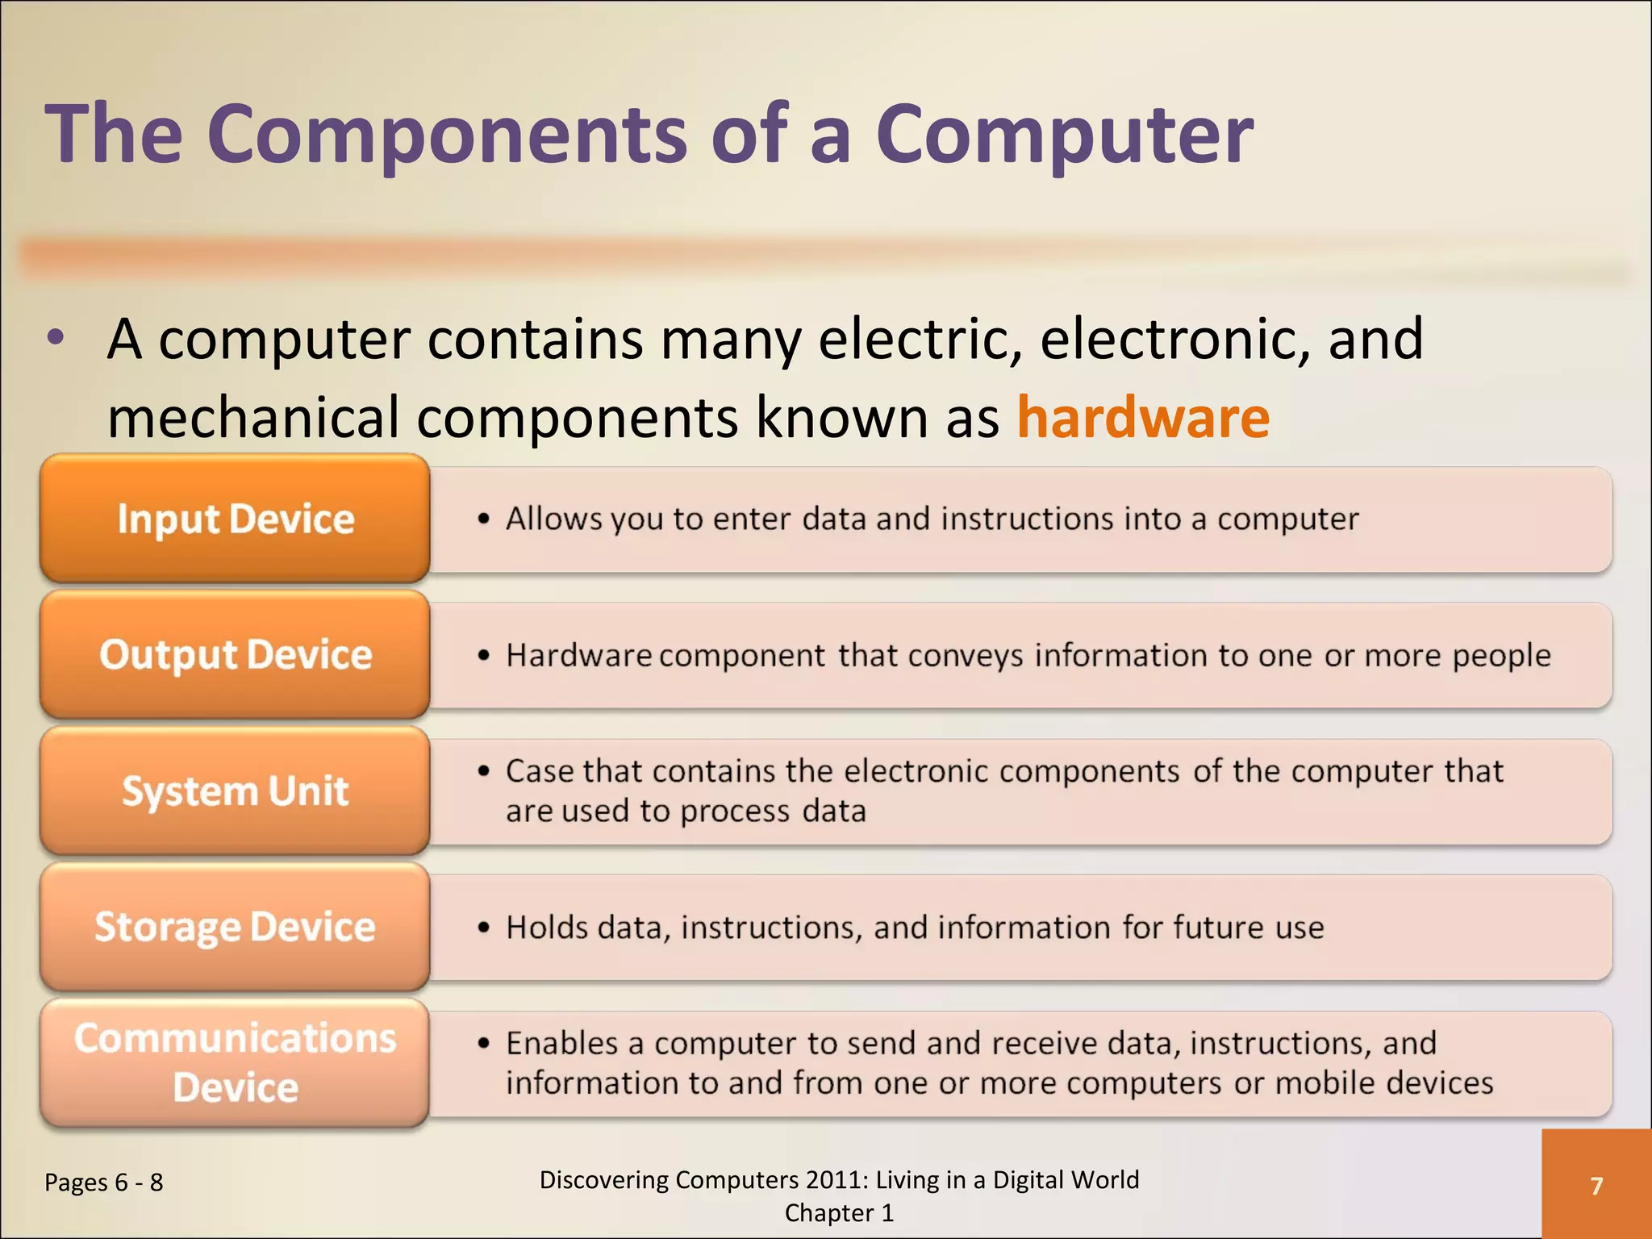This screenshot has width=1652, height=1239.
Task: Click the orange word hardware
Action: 1143,417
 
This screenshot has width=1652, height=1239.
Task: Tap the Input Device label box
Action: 235,519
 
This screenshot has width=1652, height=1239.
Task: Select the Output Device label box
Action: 235,654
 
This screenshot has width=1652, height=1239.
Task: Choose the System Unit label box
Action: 235,791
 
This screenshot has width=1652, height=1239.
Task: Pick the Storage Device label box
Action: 235,927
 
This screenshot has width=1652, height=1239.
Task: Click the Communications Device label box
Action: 235,1062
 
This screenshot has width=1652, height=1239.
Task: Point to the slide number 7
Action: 1596,1186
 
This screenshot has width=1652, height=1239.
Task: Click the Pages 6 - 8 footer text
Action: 104,1183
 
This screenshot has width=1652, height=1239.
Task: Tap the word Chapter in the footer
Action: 828,1213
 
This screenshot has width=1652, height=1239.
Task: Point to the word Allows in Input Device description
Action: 553,519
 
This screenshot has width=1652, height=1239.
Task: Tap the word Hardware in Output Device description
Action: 578,655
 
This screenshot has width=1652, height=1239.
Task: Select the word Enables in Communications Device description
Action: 561,1043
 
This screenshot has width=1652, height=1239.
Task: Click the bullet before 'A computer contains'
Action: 55,339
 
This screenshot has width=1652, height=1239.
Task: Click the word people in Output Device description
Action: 1501,655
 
